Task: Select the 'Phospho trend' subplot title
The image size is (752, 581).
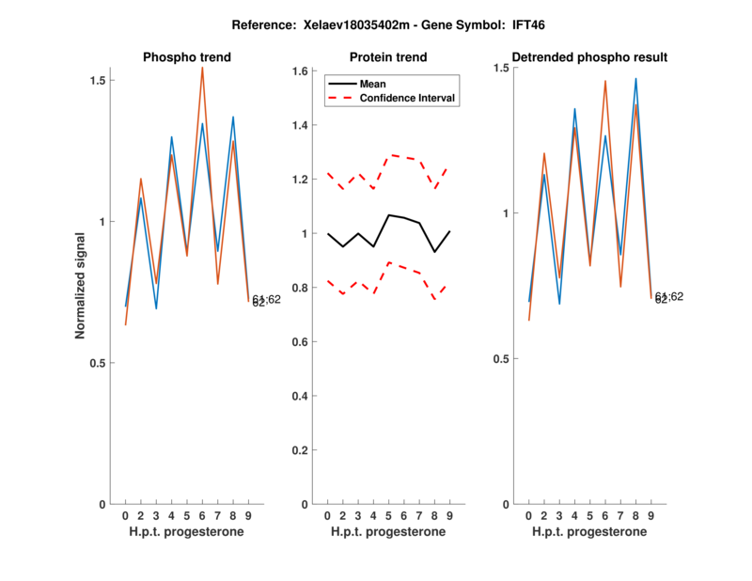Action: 186,57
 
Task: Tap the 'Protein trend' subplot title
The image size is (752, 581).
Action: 387,57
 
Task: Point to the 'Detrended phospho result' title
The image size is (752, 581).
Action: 589,57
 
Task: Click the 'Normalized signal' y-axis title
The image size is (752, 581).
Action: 81,286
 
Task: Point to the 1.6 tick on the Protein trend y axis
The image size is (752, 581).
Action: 301,71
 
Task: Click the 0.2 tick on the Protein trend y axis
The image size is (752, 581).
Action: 301,450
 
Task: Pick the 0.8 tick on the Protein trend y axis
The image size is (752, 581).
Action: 301,288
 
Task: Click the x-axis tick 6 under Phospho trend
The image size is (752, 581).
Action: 202,516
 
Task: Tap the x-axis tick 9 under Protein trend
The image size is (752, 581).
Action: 449,516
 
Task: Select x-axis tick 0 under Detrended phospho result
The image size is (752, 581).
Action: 528,516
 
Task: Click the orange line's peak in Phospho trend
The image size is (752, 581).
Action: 202,67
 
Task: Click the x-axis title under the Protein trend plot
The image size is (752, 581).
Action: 387,532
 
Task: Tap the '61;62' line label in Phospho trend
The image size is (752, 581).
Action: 266,299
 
